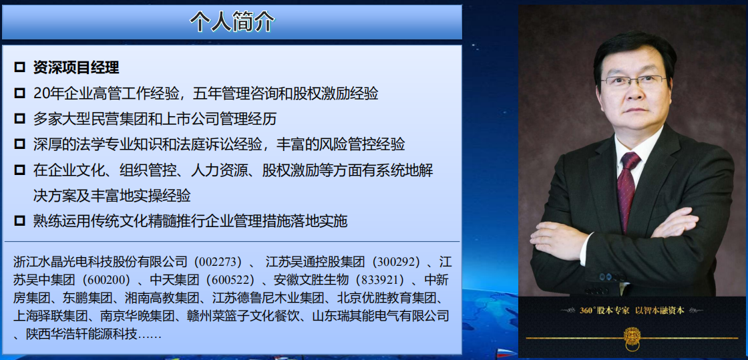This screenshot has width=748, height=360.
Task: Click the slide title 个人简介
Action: [x=232, y=22]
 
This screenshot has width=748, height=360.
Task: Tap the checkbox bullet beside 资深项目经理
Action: [x=19, y=67]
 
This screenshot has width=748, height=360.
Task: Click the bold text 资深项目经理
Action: [x=76, y=67]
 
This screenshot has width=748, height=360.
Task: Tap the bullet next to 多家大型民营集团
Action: [x=19, y=119]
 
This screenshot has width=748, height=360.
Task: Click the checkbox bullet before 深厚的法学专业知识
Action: [x=19, y=144]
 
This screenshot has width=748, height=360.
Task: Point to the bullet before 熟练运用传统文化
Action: [x=19, y=221]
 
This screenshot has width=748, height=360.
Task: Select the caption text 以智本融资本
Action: [x=660, y=311]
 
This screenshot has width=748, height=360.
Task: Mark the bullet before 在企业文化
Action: [x=19, y=170]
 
